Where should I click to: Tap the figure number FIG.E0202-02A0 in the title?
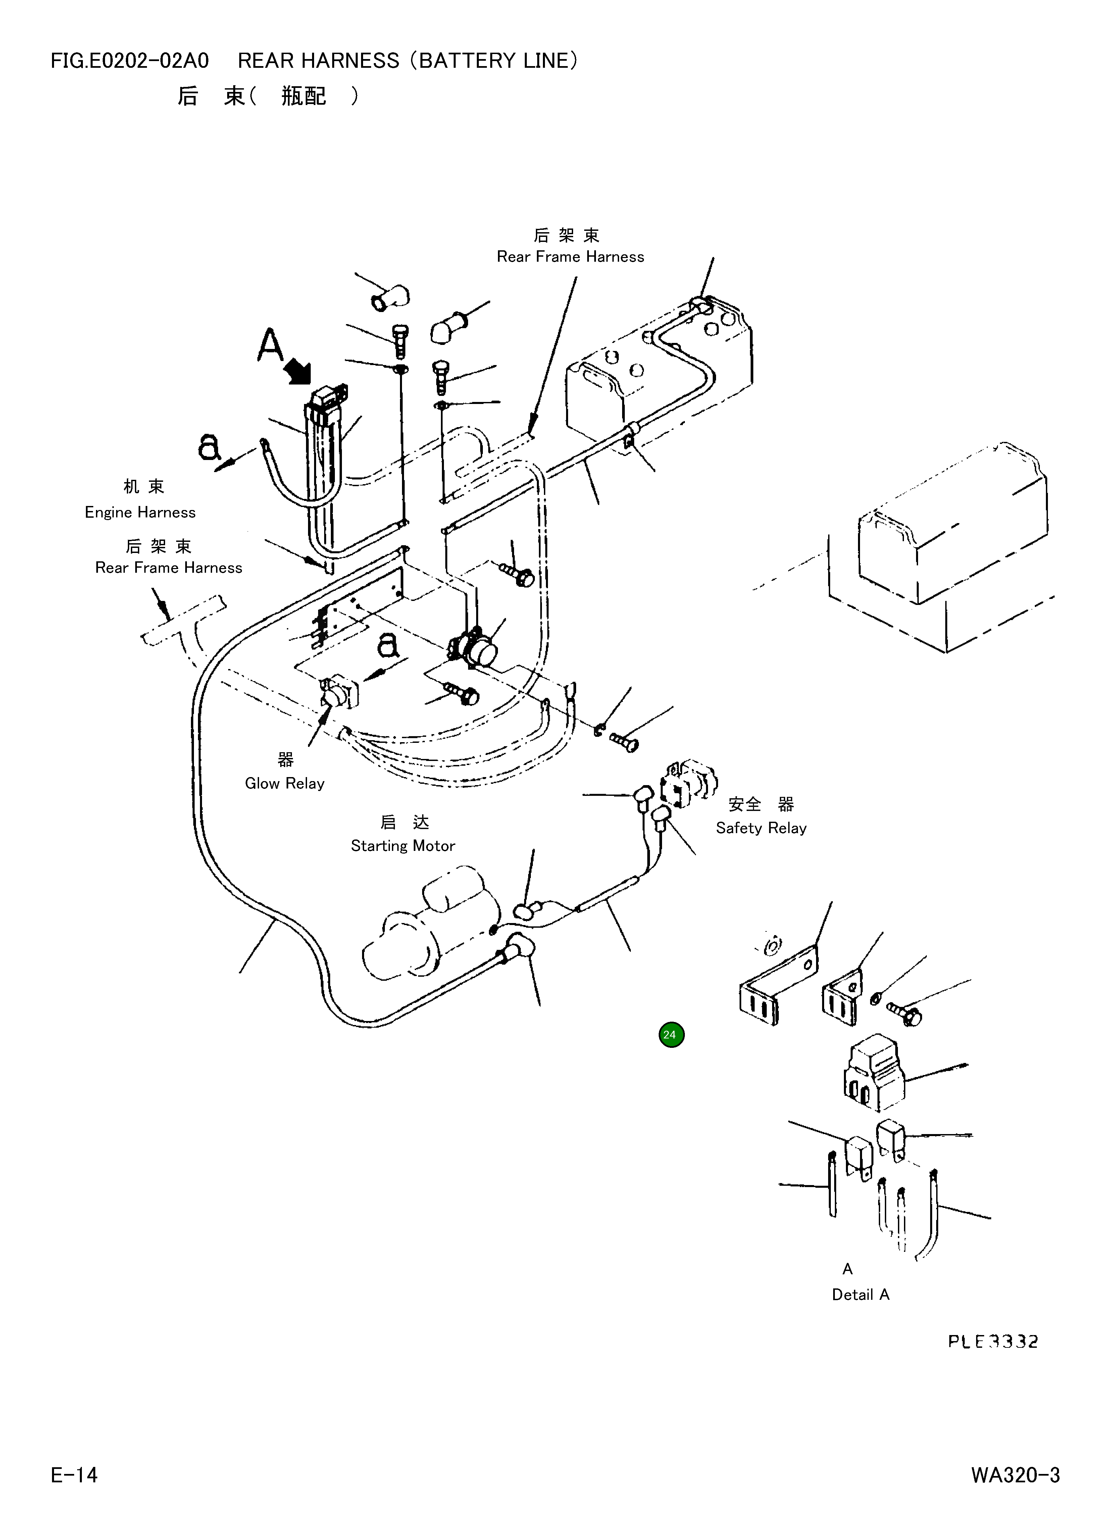tap(130, 61)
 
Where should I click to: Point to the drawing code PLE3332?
tap(992, 1341)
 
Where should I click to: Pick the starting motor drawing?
tap(433, 926)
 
